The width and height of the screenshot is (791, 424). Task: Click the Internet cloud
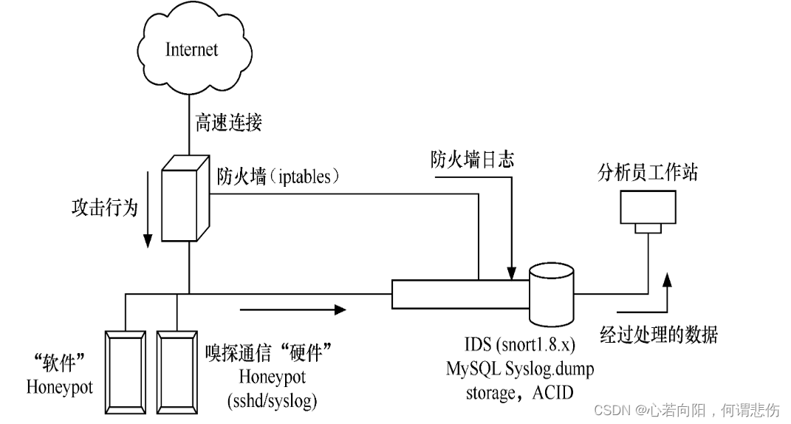191,49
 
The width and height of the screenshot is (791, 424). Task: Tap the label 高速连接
227,122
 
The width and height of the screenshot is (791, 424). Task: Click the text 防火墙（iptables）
278,177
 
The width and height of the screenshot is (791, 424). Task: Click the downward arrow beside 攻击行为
148,213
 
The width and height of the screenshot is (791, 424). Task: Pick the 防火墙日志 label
473,159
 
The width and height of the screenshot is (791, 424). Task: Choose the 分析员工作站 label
648,174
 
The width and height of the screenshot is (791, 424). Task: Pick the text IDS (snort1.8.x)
519,344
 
